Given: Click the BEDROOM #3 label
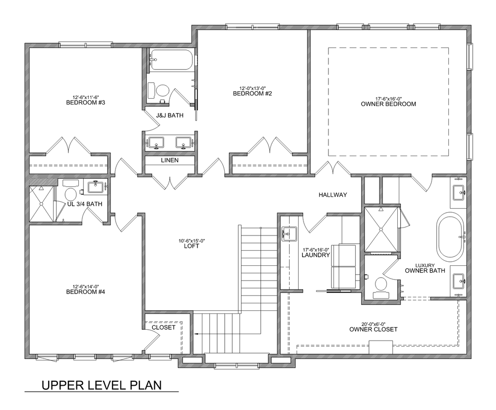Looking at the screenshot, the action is point(85,103).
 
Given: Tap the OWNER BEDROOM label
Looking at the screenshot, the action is point(388,104).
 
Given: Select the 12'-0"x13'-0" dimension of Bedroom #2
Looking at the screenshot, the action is point(252,88).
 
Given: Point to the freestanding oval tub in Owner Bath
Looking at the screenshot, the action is point(450,236).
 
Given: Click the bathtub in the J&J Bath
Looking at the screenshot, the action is point(171,60).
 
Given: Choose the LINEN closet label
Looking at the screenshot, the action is point(170,160).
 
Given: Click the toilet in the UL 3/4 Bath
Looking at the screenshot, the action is point(71,192).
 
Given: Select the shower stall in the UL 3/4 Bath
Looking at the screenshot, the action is point(42,204).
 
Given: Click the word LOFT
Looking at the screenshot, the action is point(191,246).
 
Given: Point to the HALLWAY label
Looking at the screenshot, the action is point(333,195).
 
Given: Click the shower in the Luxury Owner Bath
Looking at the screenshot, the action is point(381,229).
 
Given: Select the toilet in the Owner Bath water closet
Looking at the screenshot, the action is point(381,287).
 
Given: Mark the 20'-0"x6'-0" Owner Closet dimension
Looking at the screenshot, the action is point(373,324).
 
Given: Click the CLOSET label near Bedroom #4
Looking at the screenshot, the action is point(164,328).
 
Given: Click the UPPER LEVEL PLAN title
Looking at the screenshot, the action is point(102,385).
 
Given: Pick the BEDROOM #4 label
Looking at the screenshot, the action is point(85,292).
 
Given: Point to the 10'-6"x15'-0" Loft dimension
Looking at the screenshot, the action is point(191,241).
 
